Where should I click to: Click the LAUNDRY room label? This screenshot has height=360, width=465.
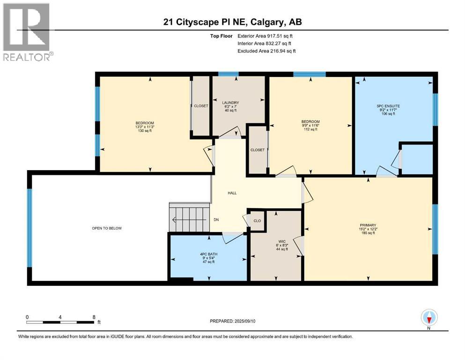[230, 103]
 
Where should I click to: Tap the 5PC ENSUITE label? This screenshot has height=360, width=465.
[388, 106]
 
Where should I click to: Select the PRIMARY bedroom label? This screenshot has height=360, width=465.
[368, 225]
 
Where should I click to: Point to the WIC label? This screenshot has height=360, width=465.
[282, 241]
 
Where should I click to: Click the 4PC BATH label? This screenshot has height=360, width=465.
[209, 254]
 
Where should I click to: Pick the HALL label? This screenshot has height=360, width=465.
[232, 193]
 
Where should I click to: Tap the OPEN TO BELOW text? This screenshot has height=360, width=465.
[107, 228]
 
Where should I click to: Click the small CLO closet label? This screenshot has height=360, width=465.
[257, 221]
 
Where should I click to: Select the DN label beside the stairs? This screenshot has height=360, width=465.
[216, 220]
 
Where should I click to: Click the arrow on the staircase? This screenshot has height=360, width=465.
[189, 220]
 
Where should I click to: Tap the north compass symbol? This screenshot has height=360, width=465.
[429, 318]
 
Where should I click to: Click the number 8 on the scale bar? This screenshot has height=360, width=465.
[94, 317]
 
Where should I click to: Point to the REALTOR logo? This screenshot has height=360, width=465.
[28, 32]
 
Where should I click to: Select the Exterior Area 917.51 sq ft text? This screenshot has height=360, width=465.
[265, 36]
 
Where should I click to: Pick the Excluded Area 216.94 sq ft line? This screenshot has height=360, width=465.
[266, 51]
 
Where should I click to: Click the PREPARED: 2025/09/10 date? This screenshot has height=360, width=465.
[232, 321]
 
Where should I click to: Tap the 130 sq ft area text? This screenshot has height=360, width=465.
[145, 131]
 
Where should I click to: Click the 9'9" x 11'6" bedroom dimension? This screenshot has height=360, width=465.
[310, 125]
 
